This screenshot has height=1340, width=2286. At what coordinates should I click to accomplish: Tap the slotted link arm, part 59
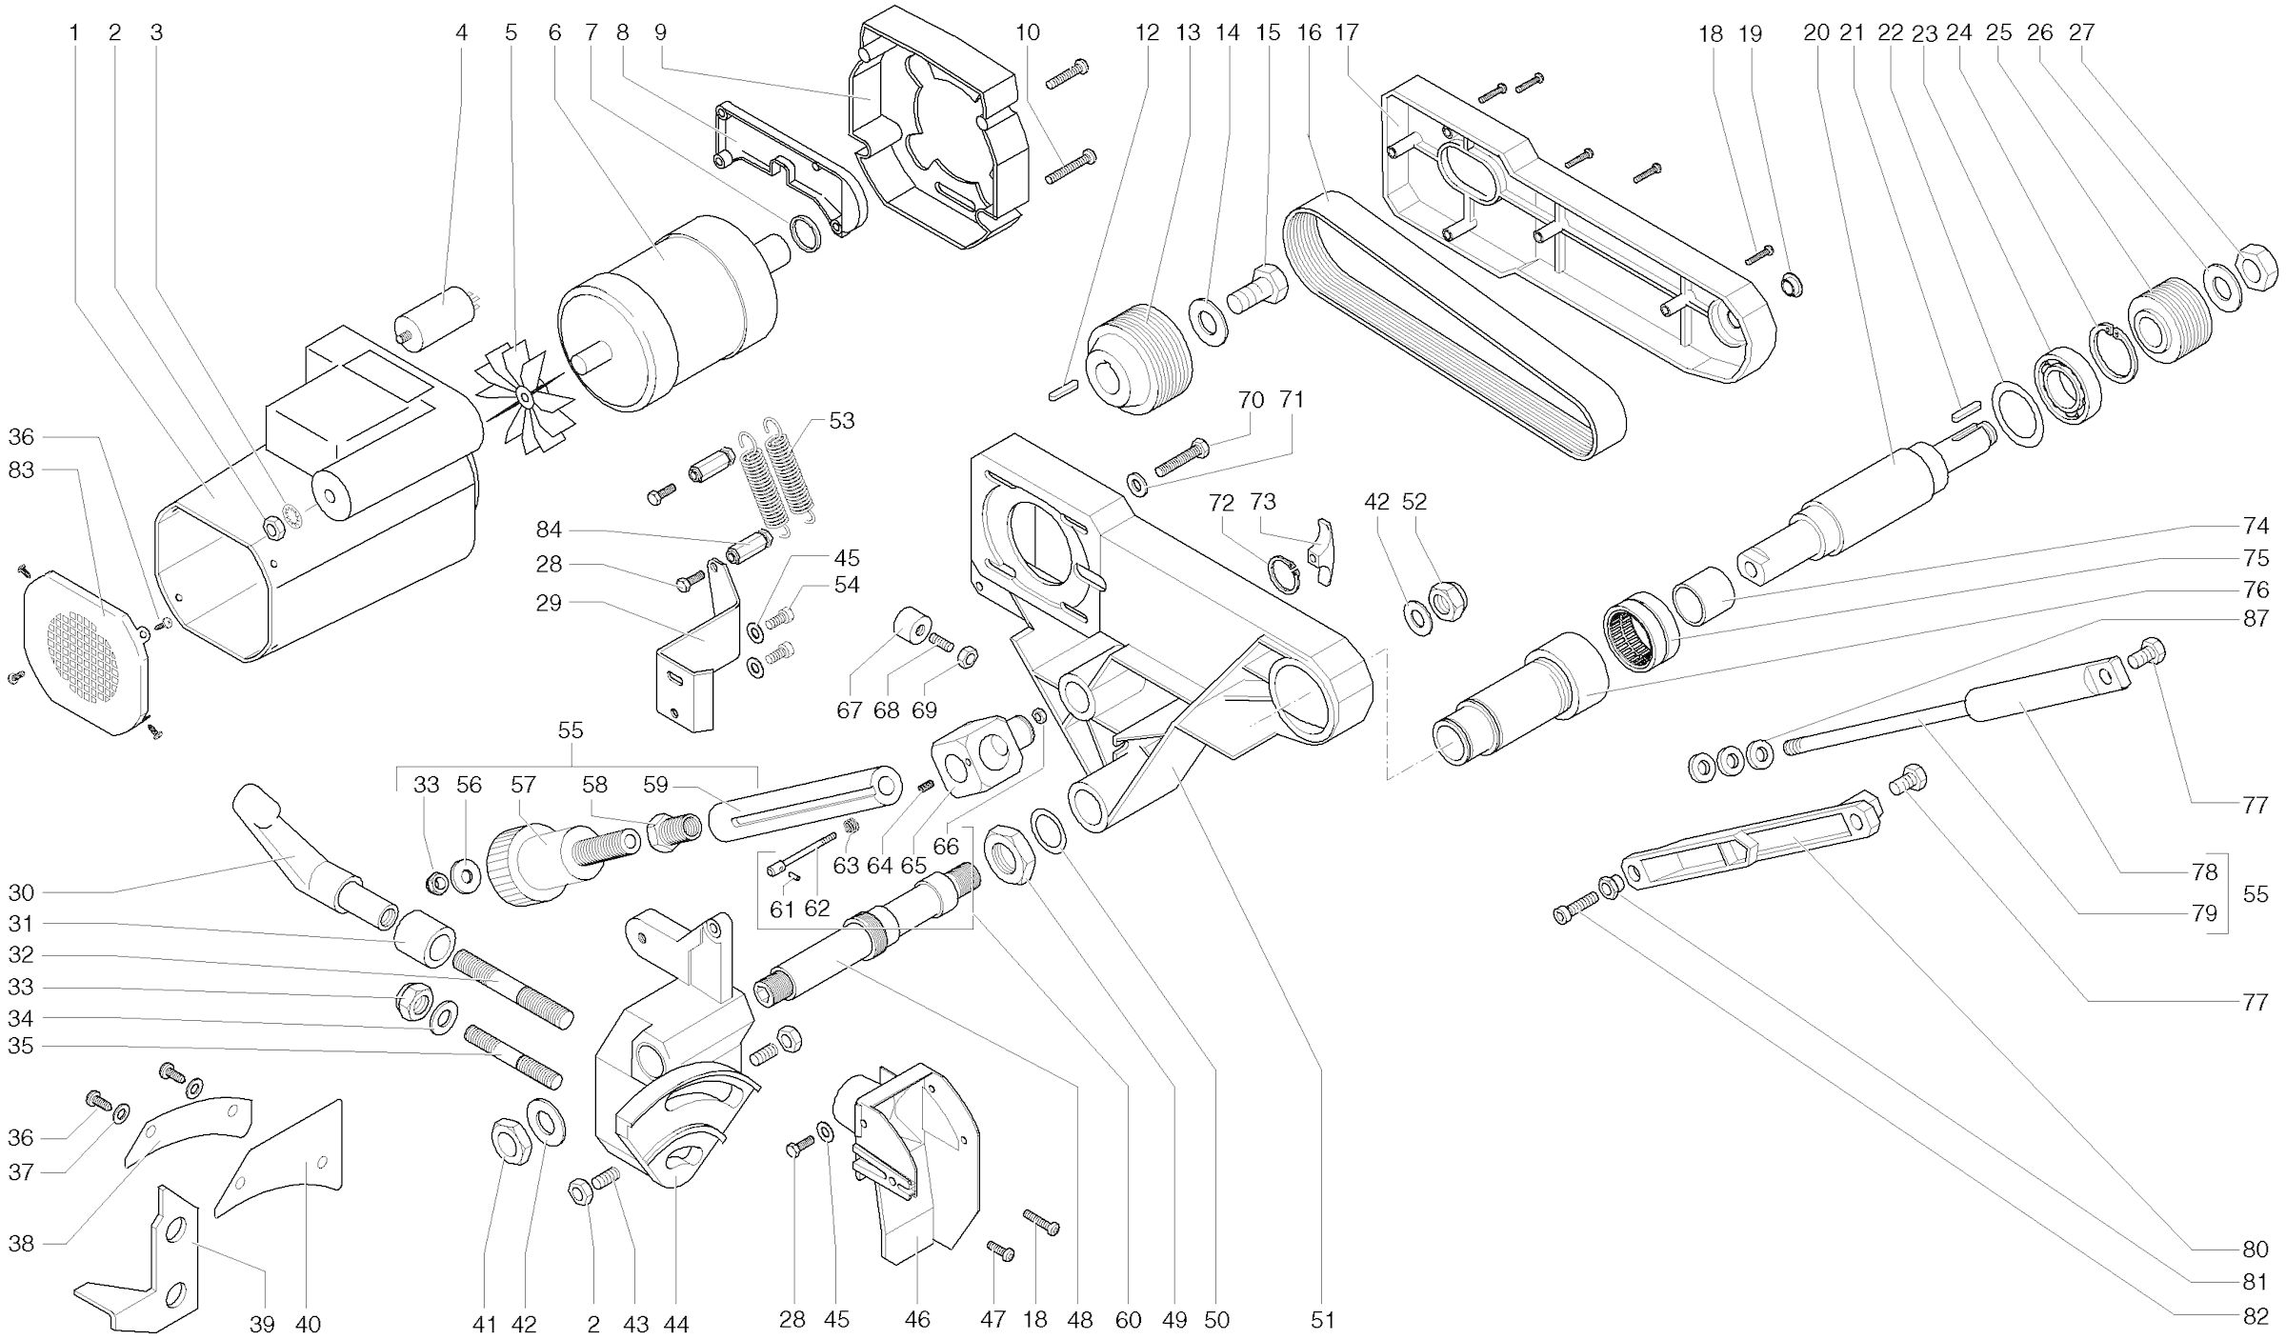coord(805,805)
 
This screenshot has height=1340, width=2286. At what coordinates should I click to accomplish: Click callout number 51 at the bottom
coord(1323,1320)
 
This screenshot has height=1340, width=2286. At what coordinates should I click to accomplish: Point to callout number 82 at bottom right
coord(2255,1316)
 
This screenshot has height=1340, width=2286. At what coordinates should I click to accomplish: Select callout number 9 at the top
coord(660,32)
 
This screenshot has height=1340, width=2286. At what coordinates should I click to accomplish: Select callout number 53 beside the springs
coord(841,420)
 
